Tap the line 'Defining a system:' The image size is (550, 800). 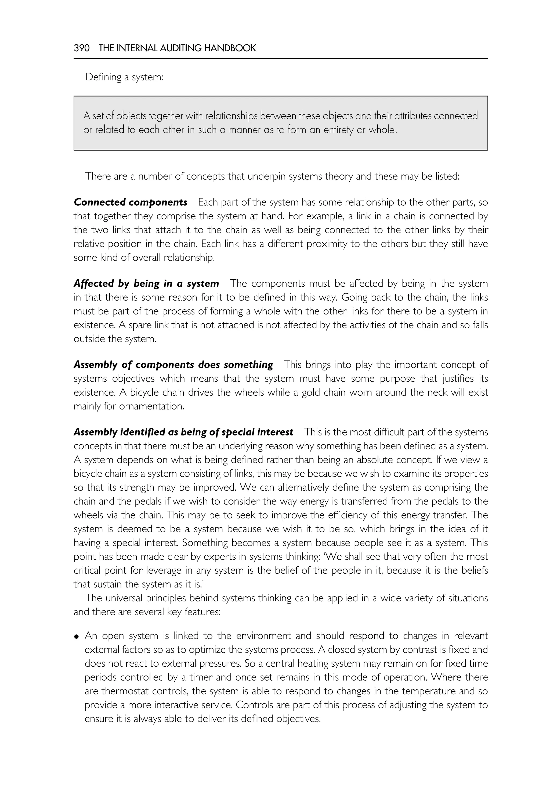tap(124, 77)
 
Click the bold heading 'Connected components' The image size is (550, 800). tap(130, 202)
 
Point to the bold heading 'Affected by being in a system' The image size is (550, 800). tap(146, 284)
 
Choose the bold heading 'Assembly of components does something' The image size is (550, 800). tap(173, 365)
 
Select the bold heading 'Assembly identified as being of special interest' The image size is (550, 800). tap(183, 432)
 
